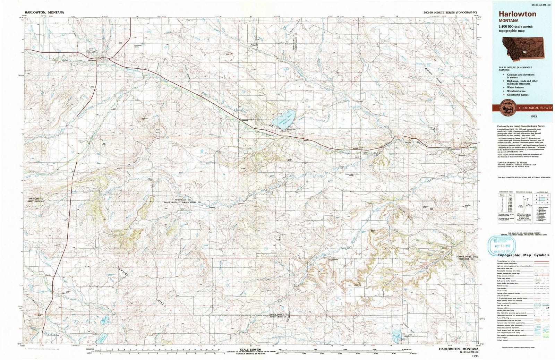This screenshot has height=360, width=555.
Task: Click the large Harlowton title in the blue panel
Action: [517, 14]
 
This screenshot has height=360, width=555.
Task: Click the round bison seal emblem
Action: [508, 108]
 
